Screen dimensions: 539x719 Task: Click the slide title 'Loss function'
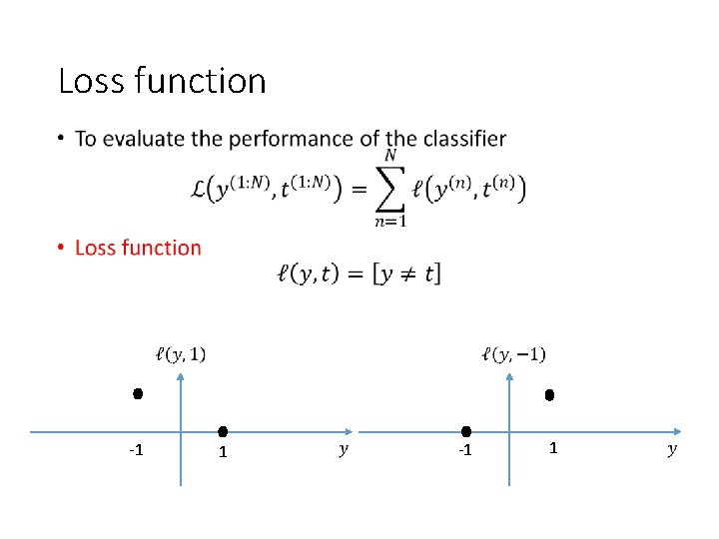[162, 81]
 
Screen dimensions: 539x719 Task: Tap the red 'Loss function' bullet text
[138, 248]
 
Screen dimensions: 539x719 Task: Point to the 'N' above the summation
[390, 156]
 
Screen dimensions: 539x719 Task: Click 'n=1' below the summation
[390, 222]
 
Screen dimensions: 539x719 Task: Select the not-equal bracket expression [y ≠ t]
[406, 273]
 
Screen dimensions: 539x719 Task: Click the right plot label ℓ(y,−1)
[513, 353]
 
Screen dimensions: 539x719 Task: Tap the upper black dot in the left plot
[138, 394]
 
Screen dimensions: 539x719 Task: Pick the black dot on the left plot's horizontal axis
[224, 431]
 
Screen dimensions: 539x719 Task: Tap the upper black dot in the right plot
[549, 395]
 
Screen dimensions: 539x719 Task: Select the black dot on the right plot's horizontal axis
[466, 431]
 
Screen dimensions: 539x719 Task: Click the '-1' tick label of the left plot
[137, 450]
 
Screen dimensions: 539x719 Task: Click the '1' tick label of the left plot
[224, 452]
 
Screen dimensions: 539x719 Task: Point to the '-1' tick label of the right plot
[463, 451]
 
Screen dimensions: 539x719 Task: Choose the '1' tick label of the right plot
[553, 449]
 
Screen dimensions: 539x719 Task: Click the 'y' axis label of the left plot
[344, 450]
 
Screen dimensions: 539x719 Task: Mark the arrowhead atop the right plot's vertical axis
[509, 376]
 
